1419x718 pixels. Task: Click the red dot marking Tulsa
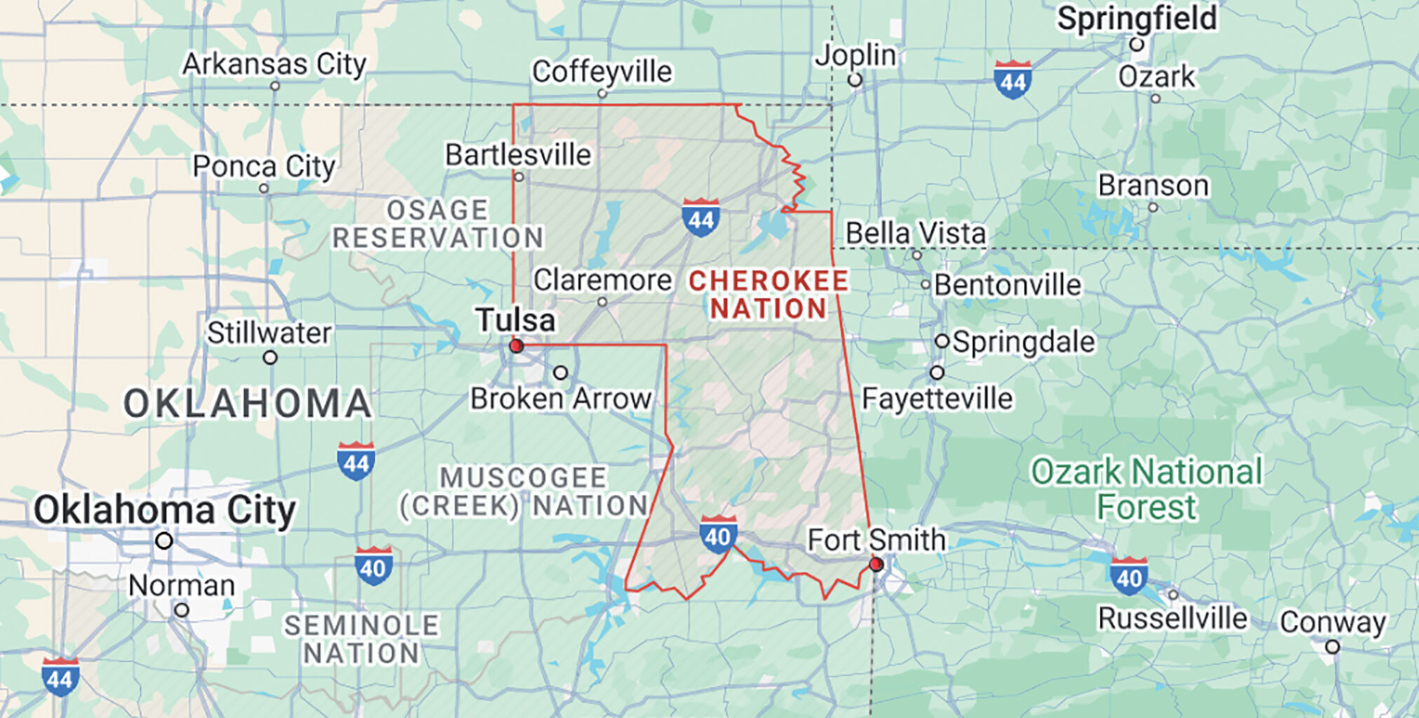click(517, 346)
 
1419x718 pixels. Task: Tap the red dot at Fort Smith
click(876, 564)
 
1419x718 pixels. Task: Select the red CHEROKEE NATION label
click(768, 294)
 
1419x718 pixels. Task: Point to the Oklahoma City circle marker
click(164, 541)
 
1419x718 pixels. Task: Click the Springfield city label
click(1136, 19)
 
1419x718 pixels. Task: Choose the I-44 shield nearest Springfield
click(1013, 79)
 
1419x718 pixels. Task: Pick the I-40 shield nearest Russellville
click(1129, 576)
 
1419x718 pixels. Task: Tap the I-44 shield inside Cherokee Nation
click(700, 217)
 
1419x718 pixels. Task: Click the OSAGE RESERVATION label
click(438, 224)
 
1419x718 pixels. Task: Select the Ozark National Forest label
click(1146, 489)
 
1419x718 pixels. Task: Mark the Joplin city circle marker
click(855, 80)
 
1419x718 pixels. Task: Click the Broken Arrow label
click(561, 399)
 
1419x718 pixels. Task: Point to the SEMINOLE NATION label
click(362, 639)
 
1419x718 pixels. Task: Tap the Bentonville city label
click(1007, 285)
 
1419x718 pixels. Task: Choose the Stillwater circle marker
click(270, 358)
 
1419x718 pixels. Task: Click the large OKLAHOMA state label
click(247, 404)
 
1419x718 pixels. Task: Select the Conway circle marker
click(1333, 647)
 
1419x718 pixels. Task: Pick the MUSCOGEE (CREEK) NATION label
click(524, 492)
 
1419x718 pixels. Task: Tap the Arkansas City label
click(274, 65)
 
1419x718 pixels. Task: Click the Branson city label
click(1153, 186)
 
